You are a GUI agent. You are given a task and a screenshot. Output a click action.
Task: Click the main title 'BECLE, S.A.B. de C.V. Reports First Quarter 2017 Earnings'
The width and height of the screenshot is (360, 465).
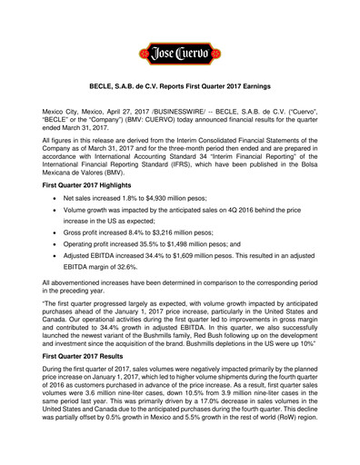pos(180,92)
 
